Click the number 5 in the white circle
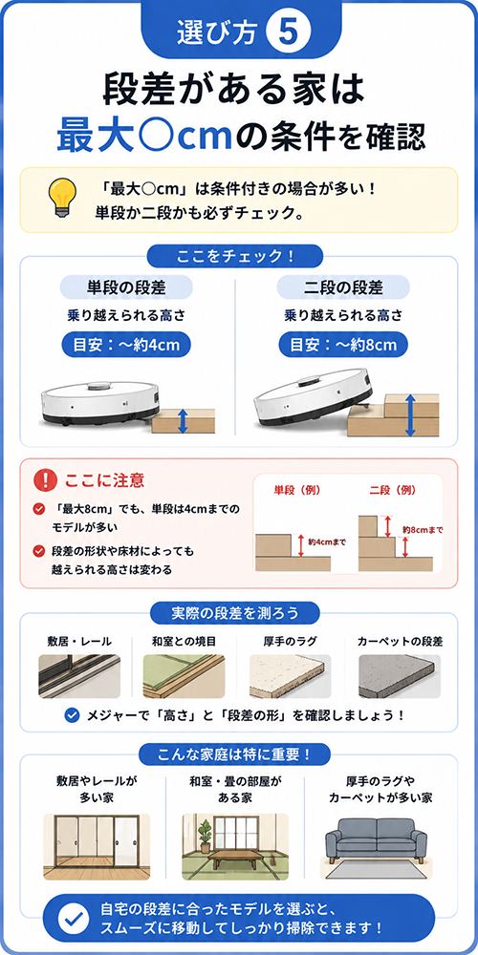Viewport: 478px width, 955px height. point(288,32)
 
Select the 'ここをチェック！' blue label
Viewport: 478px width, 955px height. point(235,256)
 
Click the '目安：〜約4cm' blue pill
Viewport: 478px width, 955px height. point(126,346)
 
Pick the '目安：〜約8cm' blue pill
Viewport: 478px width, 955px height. point(343,346)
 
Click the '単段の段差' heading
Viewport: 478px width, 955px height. point(126,286)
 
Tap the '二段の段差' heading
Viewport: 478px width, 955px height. point(343,286)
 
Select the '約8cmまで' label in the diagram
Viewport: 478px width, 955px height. point(423,530)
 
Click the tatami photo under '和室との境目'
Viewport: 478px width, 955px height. point(184,676)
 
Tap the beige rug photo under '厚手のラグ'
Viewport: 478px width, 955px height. point(290,676)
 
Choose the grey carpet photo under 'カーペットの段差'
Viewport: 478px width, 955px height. point(400,676)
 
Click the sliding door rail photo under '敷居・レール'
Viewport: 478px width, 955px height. point(79,676)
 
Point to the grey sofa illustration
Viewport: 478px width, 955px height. point(376,838)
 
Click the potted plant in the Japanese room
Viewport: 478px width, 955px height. point(205,836)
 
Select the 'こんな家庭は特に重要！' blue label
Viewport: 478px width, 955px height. point(235,754)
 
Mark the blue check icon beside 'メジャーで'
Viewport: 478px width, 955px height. point(73,714)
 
